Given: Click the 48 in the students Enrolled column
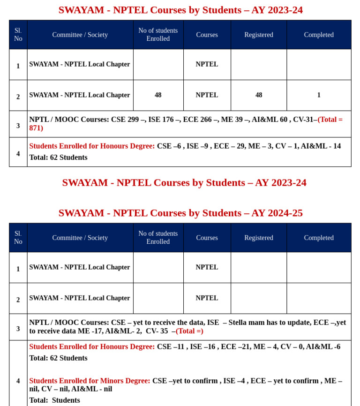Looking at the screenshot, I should [158, 95].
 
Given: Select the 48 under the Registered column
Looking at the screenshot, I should [259, 95].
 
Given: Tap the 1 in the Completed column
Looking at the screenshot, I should [319, 95].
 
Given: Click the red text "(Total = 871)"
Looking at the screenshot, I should [330, 120].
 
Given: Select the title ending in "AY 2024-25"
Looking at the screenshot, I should [180, 213].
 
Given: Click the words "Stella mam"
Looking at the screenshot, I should [249, 323].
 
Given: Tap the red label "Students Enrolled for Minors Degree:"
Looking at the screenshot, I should [90, 381].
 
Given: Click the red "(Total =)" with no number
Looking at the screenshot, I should [189, 331].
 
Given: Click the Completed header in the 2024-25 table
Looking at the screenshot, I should [319, 238].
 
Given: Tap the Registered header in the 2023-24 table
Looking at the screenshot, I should [259, 35].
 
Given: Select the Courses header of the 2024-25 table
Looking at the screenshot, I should [207, 238].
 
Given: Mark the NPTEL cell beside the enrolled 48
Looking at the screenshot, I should [207, 95].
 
